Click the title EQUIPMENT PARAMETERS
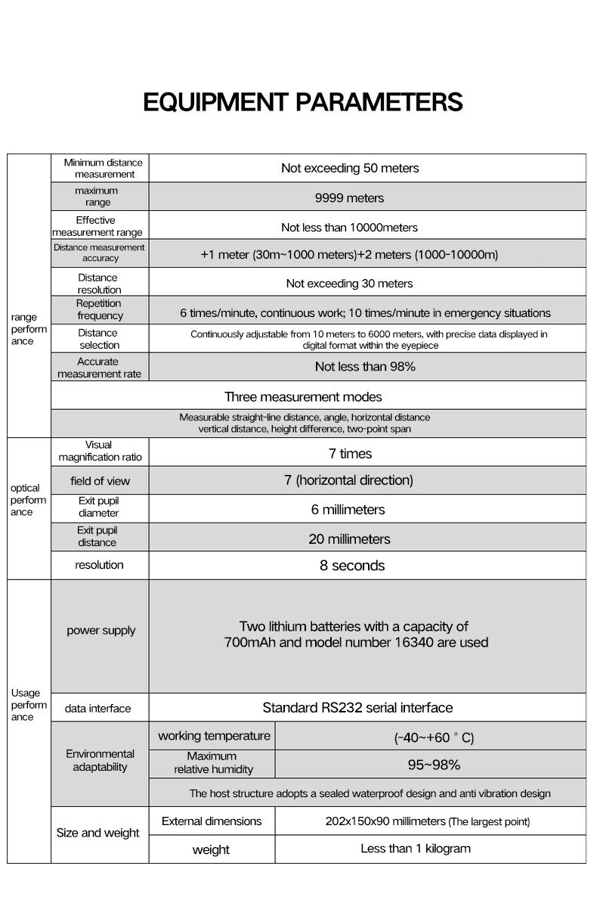point(302,101)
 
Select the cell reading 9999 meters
point(349,197)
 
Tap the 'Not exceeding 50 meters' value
point(349,168)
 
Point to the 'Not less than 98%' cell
point(365,367)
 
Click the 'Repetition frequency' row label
point(99,310)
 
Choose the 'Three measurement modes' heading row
point(303,396)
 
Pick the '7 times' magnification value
point(350,454)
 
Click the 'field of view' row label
point(100,481)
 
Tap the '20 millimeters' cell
point(349,539)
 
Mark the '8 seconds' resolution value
point(352,566)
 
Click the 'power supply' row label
point(101,631)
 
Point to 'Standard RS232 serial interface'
point(357,708)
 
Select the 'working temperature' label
point(214,736)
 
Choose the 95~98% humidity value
point(434,765)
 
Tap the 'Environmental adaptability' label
point(100,760)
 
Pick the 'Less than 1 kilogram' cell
point(415,849)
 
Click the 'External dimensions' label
point(212,821)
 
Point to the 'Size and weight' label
point(98,833)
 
